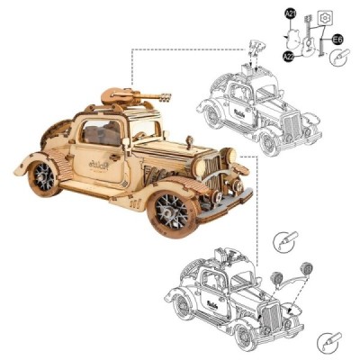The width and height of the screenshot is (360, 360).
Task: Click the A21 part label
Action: coord(291,13)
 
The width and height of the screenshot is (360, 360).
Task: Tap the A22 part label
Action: coord(289,57)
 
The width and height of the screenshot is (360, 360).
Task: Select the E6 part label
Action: coord(337,40)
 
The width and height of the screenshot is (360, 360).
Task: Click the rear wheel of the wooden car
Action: coord(42,178)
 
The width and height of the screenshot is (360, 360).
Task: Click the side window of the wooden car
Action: coord(99,133)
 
